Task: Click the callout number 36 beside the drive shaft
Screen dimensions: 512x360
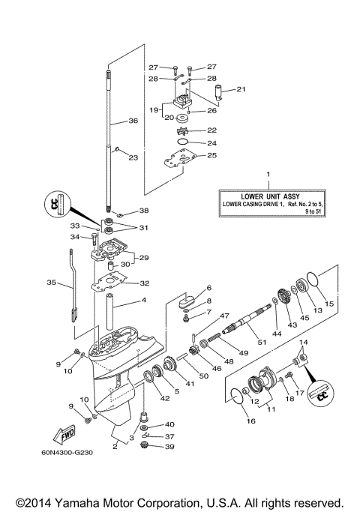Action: click(x=133, y=120)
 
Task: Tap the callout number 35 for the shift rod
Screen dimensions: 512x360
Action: click(x=51, y=283)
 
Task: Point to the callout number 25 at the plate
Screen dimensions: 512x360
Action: click(x=211, y=155)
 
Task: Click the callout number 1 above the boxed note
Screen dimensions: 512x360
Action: click(x=266, y=174)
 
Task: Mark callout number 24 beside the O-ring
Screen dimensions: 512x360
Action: click(x=211, y=142)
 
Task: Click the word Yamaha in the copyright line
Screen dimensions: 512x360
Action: click(x=88, y=502)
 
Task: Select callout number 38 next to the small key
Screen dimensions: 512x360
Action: click(x=144, y=211)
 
